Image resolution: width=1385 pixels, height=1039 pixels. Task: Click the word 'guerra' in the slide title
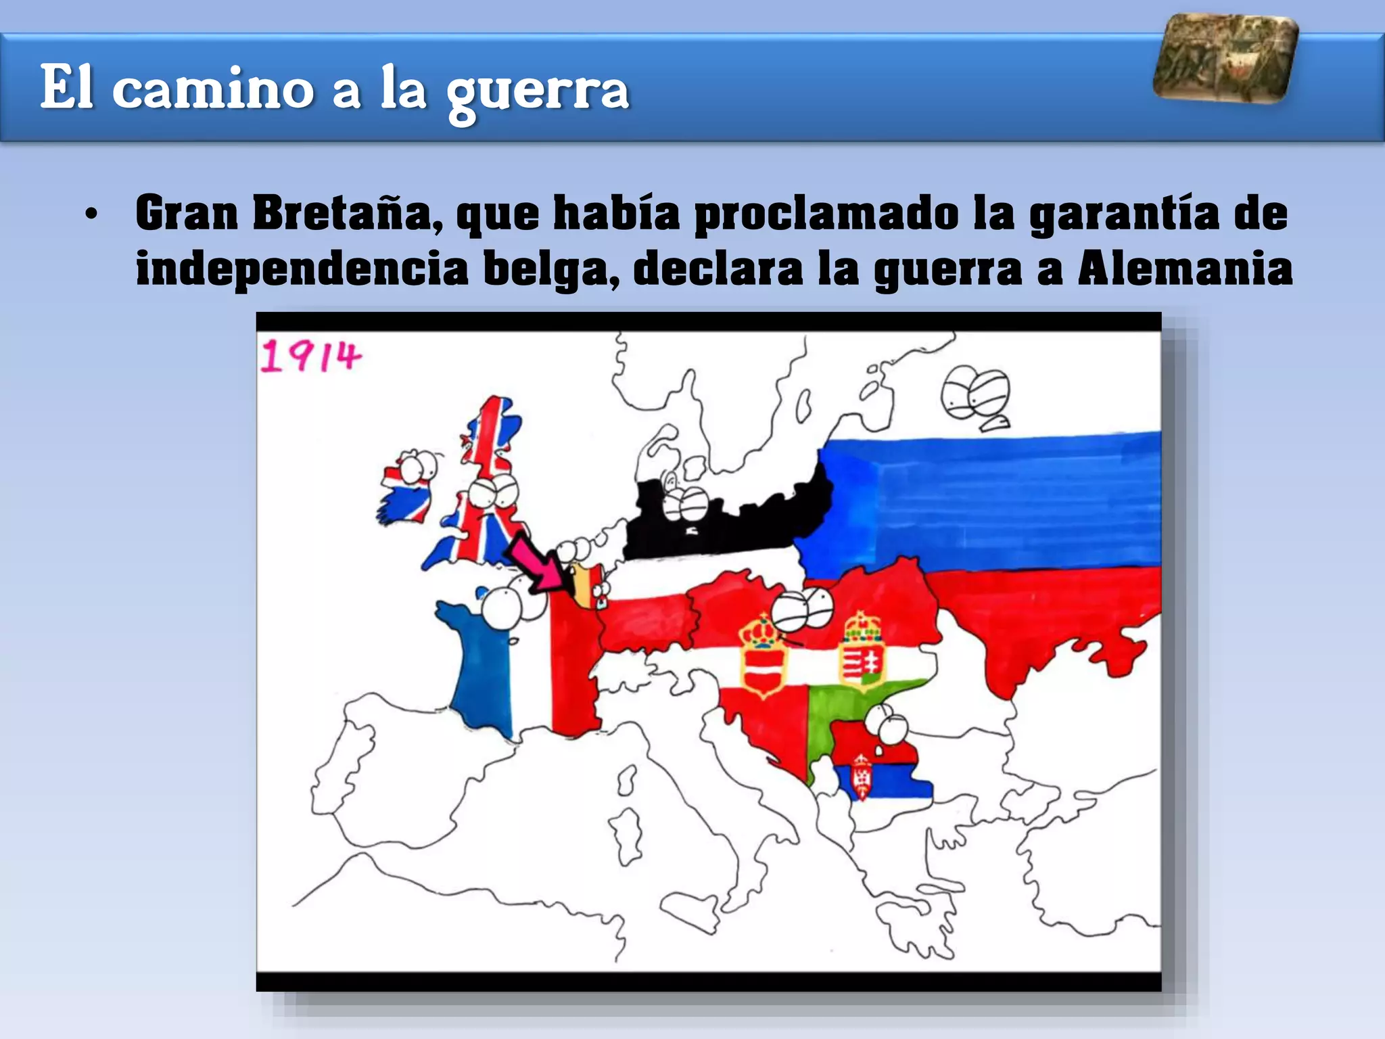tap(538, 90)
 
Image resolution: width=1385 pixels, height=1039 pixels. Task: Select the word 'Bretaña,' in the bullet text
tap(348, 214)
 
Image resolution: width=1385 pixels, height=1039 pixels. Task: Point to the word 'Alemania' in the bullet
tap(1184, 269)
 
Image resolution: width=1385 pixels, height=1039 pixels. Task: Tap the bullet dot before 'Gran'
tap(91, 216)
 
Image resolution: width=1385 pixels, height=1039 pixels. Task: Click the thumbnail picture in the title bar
tap(1225, 59)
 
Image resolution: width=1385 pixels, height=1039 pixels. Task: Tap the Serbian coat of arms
tap(861, 777)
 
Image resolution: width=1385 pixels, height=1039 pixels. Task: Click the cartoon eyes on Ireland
tap(417, 467)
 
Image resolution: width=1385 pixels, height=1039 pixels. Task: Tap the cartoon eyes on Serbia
tap(887, 724)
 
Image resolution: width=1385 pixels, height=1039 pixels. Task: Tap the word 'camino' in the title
tap(212, 89)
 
